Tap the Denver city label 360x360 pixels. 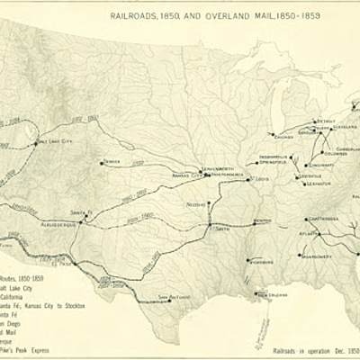(x=112, y=162)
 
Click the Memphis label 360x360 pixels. (x=262, y=220)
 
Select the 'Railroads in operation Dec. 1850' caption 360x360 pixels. (x=315, y=347)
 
